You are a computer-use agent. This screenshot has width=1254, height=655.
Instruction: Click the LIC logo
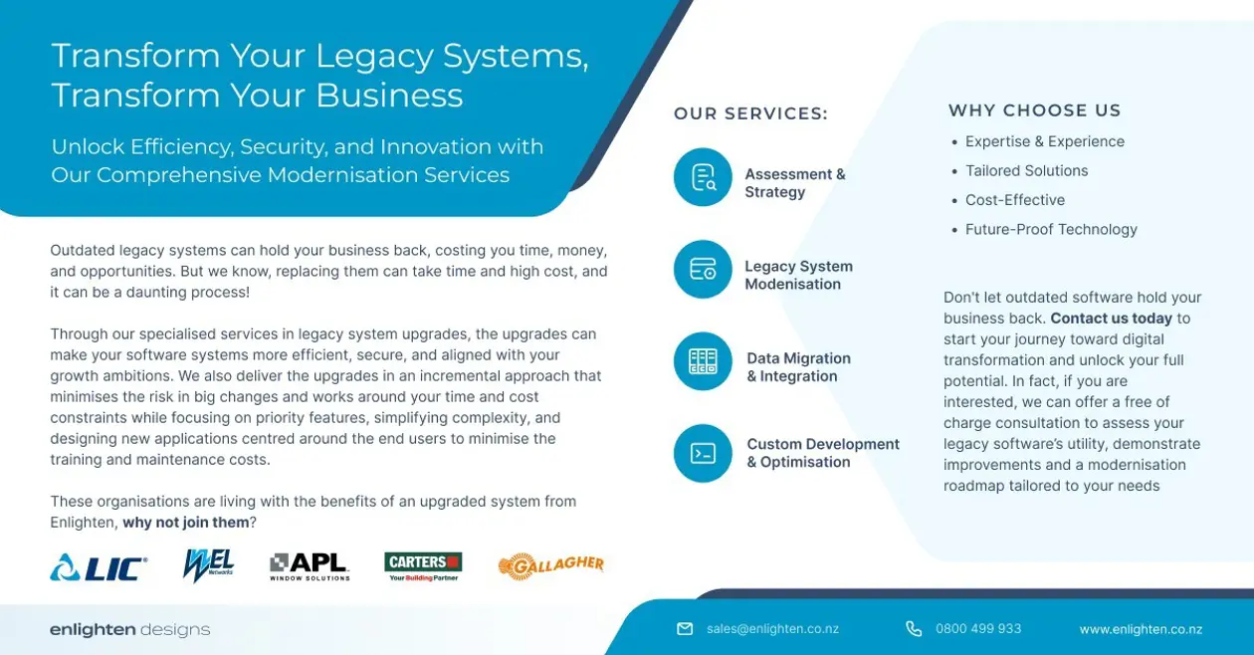(99, 567)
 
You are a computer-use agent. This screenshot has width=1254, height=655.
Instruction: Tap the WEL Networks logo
(208, 566)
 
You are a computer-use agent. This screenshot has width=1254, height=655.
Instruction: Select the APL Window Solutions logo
(310, 566)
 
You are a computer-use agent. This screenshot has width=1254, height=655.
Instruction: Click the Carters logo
(423, 566)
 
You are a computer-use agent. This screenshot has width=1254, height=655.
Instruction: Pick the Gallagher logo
(550, 566)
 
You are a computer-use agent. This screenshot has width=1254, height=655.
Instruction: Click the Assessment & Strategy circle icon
(703, 177)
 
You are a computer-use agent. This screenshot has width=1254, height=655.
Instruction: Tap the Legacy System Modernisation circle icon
(703, 269)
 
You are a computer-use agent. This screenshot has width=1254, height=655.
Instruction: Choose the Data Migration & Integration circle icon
(703, 361)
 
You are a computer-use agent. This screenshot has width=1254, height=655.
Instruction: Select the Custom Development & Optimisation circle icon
(703, 453)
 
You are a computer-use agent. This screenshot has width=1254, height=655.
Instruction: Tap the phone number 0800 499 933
(978, 629)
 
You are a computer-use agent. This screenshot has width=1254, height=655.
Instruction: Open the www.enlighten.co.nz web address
(1141, 629)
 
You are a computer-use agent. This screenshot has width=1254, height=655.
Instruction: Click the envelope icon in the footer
(685, 629)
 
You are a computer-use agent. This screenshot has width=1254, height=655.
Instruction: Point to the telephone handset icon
(914, 629)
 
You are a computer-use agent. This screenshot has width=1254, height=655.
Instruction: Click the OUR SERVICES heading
(750, 114)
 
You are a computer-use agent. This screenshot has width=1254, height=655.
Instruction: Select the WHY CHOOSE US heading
(1034, 110)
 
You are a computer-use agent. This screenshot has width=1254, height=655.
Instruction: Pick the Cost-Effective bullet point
(1014, 200)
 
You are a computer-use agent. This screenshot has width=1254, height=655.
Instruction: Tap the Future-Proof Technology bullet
(1050, 229)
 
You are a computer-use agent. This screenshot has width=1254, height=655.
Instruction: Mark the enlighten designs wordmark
(130, 630)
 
